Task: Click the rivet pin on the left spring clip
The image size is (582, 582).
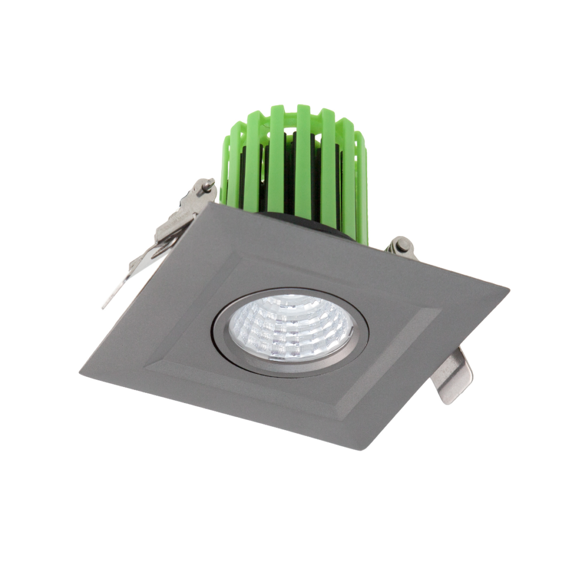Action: (x=209, y=184)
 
